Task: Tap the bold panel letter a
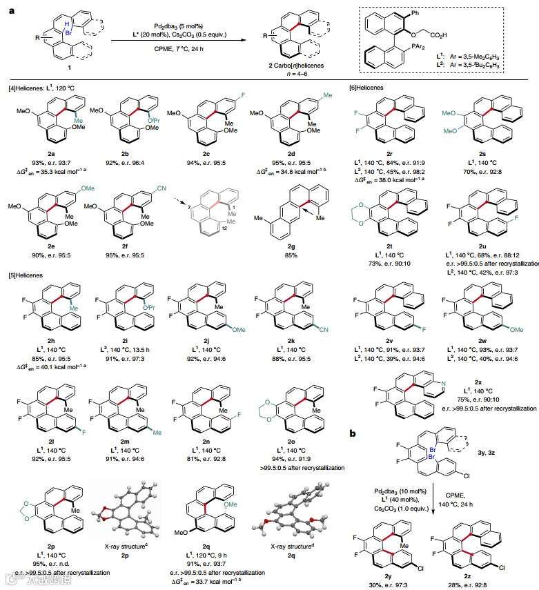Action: click(10, 10)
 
